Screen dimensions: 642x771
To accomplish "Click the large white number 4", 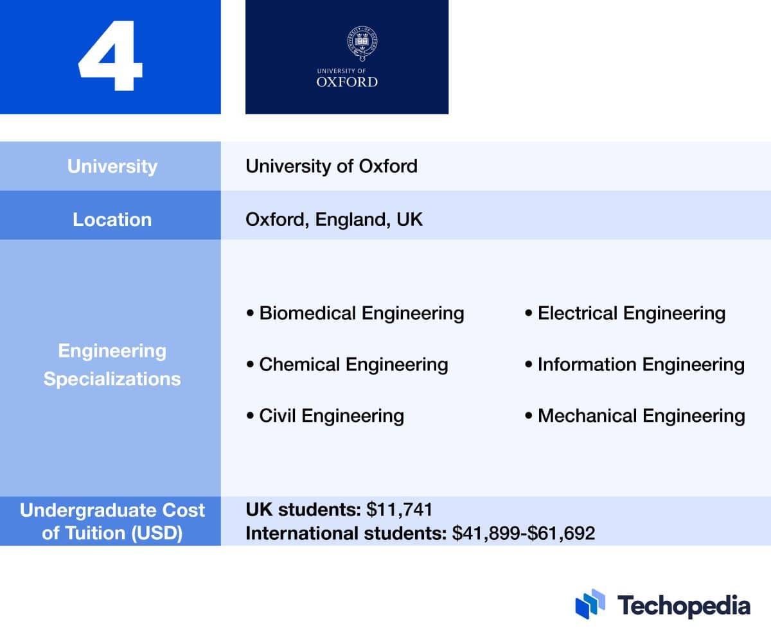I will (111, 58).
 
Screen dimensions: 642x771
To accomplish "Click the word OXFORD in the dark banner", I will (347, 82).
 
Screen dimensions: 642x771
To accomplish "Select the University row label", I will (112, 166).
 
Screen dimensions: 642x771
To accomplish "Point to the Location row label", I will (112, 220).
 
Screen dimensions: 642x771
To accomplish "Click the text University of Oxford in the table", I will (332, 166).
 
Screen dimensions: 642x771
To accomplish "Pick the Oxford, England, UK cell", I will (334, 220).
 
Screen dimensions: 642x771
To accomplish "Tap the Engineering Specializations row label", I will (112, 365).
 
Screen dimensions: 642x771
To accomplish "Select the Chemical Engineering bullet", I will (348, 365).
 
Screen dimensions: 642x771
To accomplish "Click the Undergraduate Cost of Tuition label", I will (112, 521).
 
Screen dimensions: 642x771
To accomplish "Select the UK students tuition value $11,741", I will (400, 510).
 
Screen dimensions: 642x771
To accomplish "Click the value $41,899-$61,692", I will (524, 534).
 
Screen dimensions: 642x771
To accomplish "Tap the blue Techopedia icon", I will (590, 604).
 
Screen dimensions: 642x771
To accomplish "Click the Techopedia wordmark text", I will (684, 605).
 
